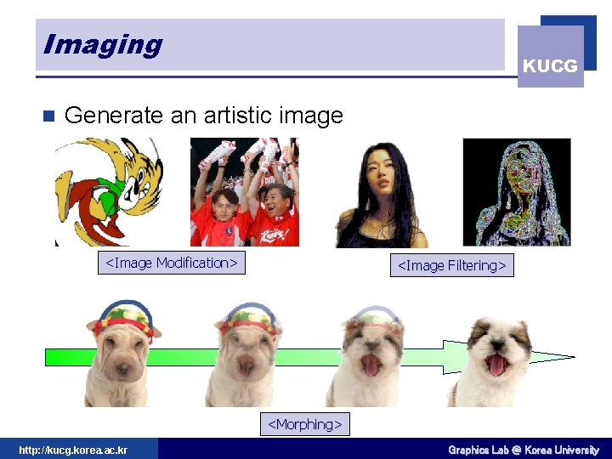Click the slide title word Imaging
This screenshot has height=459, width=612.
click(102, 44)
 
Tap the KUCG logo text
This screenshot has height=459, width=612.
click(550, 65)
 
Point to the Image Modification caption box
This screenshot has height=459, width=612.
click(171, 263)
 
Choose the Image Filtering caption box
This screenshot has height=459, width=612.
click(452, 265)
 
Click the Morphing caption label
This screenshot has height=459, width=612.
click(305, 423)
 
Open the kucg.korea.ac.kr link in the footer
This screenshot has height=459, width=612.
click(73, 450)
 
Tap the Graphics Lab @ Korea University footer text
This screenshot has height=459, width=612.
click(524, 450)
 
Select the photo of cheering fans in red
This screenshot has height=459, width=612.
click(245, 193)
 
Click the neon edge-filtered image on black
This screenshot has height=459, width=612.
click(516, 192)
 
